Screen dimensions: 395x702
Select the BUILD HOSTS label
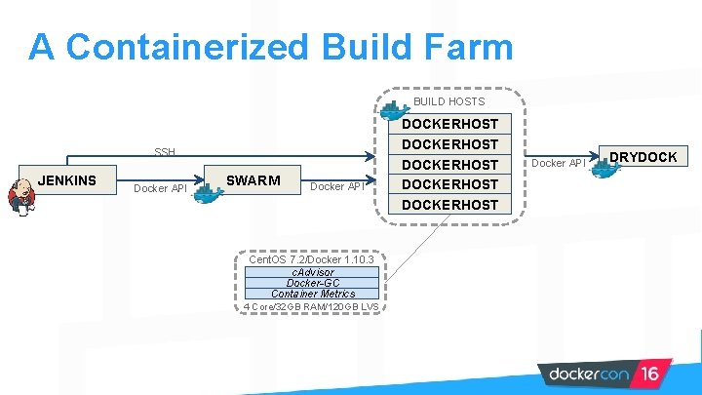pyautogui.click(x=448, y=101)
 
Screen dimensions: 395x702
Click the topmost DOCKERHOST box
pyautogui.click(x=449, y=124)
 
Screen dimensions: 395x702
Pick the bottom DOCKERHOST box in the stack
pyautogui.click(x=449, y=205)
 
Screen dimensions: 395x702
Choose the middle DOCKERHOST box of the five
pyautogui.click(x=449, y=165)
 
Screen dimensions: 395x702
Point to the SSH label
pyautogui.click(x=165, y=152)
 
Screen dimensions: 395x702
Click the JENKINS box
pyautogui.click(x=67, y=180)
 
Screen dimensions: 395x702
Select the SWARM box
pyautogui.click(x=253, y=180)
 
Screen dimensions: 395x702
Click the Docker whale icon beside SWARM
pyautogui.click(x=208, y=193)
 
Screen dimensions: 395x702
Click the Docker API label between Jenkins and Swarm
pyautogui.click(x=160, y=188)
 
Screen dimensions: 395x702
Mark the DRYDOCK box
pyautogui.click(x=643, y=157)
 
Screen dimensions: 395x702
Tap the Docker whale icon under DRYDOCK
pyautogui.click(x=604, y=170)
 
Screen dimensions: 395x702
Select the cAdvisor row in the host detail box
pyautogui.click(x=312, y=272)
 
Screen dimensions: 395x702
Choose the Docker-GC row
pyautogui.click(x=312, y=283)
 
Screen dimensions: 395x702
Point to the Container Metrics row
pyautogui.click(x=312, y=294)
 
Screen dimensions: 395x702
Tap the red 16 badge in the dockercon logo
pyautogui.click(x=648, y=374)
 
